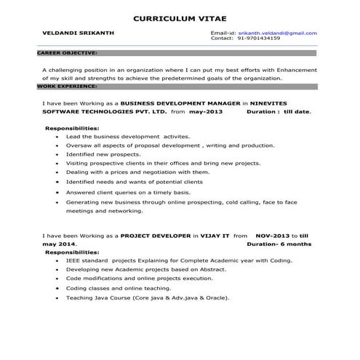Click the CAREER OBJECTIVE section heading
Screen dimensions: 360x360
click(66, 53)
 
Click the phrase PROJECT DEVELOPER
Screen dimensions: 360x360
click(155, 236)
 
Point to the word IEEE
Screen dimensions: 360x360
click(73, 260)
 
